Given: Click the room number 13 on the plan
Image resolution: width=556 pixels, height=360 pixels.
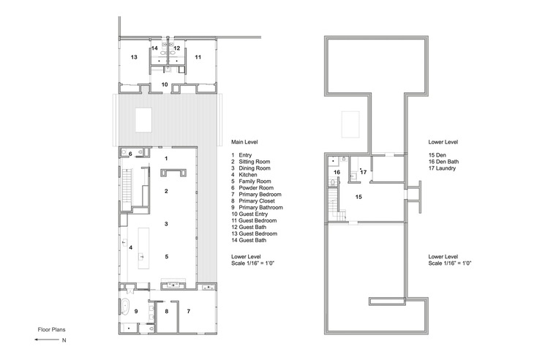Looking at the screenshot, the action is [x=134, y=57].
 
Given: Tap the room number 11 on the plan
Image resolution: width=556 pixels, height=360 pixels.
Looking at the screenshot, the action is [x=198, y=57].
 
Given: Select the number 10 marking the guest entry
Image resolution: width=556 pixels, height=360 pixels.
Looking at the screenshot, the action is [x=165, y=84].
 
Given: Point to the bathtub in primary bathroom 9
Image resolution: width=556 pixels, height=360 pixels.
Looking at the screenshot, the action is [x=124, y=305].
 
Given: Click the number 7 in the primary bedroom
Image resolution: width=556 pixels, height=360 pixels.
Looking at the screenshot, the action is [x=189, y=312].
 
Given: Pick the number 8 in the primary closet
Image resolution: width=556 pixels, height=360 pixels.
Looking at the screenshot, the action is [x=167, y=312].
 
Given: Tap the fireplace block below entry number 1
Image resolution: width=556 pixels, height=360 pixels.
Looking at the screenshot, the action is [x=173, y=173].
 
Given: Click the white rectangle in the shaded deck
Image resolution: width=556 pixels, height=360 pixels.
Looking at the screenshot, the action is [x=143, y=120].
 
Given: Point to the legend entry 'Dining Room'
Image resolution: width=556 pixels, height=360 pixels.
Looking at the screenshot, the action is [x=255, y=168].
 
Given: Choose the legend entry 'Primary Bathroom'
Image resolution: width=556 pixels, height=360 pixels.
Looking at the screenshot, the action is [x=260, y=208].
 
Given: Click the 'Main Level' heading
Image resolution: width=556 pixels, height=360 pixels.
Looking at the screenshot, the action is [x=244, y=142].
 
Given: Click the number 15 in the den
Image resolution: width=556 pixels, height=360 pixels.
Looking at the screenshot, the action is [x=358, y=197].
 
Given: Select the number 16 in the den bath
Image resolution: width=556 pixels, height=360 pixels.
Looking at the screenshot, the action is [x=337, y=173].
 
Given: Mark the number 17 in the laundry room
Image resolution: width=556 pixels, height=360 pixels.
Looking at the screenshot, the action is [x=364, y=173].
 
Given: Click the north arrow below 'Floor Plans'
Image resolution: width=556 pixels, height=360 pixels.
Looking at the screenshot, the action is [x=47, y=340].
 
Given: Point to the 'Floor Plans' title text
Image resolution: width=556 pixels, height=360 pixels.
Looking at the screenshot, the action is [x=51, y=329].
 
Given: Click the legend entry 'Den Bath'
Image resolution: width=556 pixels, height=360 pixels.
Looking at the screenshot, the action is [x=448, y=162].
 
